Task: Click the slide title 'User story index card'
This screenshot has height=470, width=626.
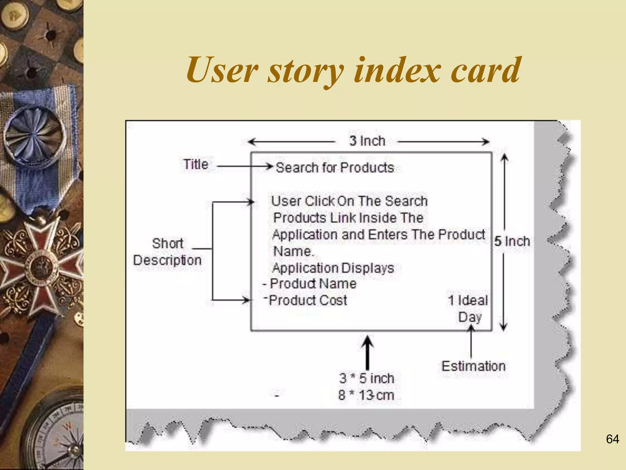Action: [x=353, y=70]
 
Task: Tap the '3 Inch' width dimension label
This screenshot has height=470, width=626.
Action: [x=367, y=141]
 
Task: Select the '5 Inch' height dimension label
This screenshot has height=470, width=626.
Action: [x=512, y=241]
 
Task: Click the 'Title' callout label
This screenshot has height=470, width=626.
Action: [x=196, y=165]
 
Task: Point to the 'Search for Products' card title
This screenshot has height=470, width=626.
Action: [x=335, y=168]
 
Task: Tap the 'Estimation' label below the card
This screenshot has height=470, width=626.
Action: [x=473, y=366]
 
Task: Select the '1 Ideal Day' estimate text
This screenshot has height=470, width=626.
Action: [x=468, y=308]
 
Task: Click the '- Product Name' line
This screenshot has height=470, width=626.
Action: [x=310, y=284]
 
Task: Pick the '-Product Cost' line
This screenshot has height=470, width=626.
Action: [x=306, y=300]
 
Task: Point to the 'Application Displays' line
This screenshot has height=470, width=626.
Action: [x=333, y=268]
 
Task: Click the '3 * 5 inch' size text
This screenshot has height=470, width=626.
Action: [x=367, y=379]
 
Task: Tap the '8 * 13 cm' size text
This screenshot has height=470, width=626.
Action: [x=366, y=395]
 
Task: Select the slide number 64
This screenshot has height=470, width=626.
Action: [x=613, y=439]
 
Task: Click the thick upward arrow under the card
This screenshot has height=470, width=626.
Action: [x=367, y=352]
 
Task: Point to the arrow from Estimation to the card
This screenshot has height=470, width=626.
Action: [x=471, y=341]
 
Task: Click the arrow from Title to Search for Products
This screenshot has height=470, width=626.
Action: [x=245, y=166]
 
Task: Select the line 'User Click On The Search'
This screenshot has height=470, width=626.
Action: [x=349, y=201]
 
